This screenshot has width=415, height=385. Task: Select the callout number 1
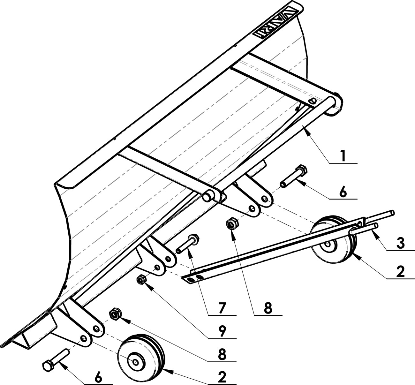click(343, 156)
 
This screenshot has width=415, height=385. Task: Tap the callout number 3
click(400, 243)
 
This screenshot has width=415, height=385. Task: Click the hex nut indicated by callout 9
click(141, 280)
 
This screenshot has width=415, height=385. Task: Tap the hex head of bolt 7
click(193, 239)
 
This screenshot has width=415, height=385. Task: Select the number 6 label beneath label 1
click(343, 192)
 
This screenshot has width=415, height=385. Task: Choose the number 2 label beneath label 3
click(400, 272)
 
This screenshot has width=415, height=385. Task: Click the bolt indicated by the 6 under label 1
click(294, 176)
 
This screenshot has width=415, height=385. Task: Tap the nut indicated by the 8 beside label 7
click(232, 223)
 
